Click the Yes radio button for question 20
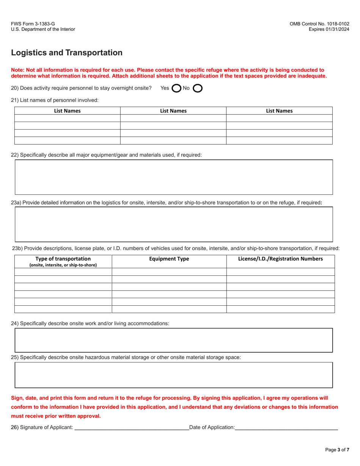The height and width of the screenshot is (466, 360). pos(176,88)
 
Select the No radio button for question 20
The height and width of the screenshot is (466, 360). pos(197,88)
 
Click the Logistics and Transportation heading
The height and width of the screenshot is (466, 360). pos(67,53)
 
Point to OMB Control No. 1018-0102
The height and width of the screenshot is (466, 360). pos(319,23)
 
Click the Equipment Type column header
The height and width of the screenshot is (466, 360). pos(169,259)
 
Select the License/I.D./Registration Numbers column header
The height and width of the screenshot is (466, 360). pos(280,259)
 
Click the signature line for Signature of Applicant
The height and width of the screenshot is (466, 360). pos(131,427)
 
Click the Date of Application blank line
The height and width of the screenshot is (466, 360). pos(286,427)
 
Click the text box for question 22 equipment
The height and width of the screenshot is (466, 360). pos(174,177)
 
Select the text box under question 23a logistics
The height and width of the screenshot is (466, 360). pos(174,224)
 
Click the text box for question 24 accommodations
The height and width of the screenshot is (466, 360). pos(174,340)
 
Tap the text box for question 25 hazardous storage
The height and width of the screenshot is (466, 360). pos(174,375)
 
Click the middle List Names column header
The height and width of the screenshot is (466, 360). pos(173,111)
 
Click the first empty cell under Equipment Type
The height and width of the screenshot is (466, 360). pos(169,272)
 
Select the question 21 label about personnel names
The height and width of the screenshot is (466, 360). pos(55,100)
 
